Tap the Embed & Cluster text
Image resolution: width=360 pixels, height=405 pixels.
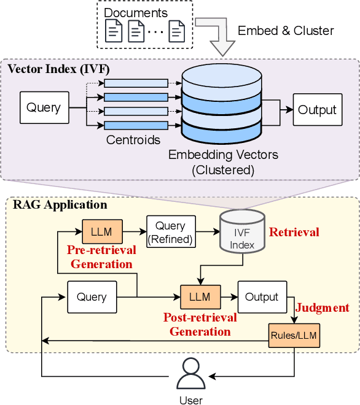pyautogui.click(x=286, y=31)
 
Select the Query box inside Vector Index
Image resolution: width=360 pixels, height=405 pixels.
pyautogui.click(x=44, y=109)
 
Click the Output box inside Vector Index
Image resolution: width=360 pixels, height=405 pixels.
pyautogui.click(x=317, y=110)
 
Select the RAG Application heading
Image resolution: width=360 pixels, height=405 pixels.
pyautogui.click(x=60, y=205)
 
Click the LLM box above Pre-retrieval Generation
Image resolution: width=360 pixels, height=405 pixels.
pyautogui.click(x=102, y=231)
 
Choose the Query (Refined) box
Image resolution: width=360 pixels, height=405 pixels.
pyautogui.click(x=170, y=231)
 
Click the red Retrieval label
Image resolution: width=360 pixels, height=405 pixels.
pyautogui.click(x=294, y=232)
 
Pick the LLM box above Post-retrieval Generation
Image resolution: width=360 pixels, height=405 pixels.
pyautogui.click(x=200, y=297)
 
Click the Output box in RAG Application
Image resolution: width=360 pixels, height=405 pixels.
pyautogui.click(x=262, y=297)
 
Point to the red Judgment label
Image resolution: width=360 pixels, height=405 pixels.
pyautogui.click(x=323, y=308)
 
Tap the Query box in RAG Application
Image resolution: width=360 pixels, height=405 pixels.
pyautogui.click(x=92, y=297)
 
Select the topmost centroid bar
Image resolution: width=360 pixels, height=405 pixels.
pyautogui.click(x=136, y=83)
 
